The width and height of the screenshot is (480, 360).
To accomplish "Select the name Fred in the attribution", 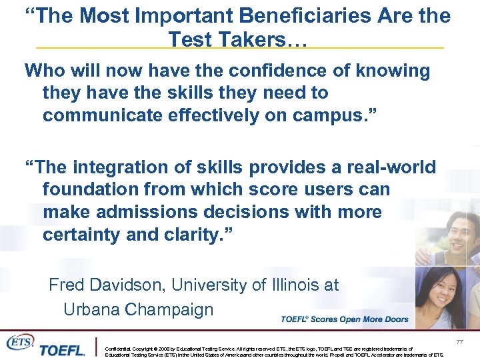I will coord(66,285).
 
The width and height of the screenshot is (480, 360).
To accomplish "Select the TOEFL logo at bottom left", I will coord(62,349).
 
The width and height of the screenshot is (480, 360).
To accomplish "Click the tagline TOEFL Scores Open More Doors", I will coord(345,319).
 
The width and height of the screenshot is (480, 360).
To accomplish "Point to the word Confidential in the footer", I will coord(119,349).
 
